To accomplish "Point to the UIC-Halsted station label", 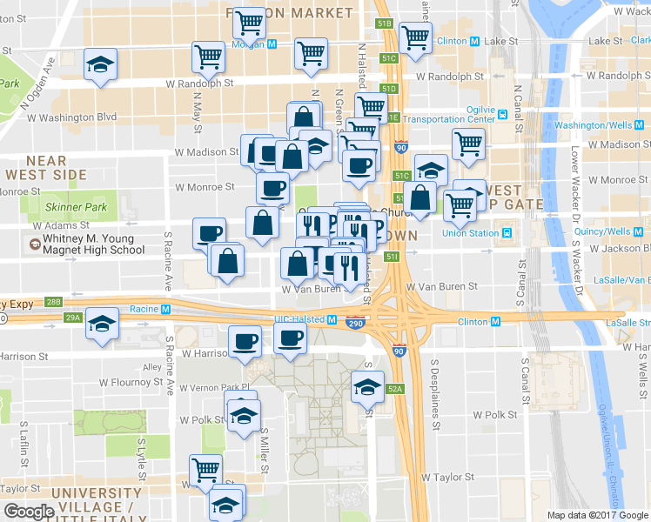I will [300, 319].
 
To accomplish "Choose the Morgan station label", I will [250, 43].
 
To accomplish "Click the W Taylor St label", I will [448, 477].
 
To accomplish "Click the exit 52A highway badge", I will [395, 389].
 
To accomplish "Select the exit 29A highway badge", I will [73, 318].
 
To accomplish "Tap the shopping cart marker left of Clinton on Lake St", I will [415, 37].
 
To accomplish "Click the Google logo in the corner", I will [29, 512].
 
